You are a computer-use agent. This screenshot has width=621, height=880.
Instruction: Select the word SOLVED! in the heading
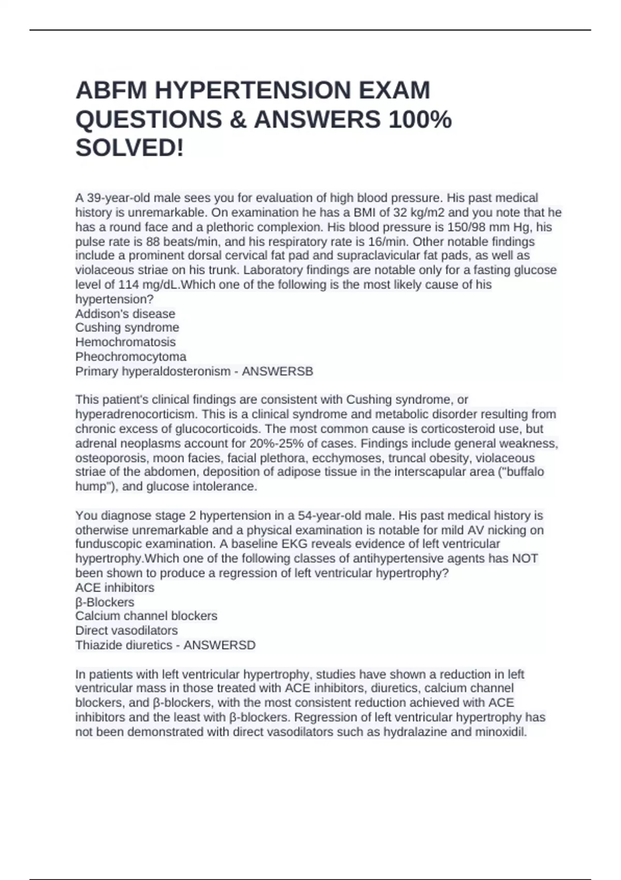pyautogui.click(x=130, y=149)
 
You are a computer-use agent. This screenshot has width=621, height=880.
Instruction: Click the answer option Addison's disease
pyautogui.click(x=125, y=314)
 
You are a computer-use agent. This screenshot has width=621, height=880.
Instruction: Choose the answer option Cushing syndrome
pyautogui.click(x=127, y=328)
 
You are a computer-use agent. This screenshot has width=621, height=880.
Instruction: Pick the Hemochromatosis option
pyautogui.click(x=125, y=342)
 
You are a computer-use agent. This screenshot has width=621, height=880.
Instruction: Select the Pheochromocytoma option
pyautogui.click(x=131, y=357)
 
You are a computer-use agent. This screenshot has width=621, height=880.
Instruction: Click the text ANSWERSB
pyautogui.click(x=277, y=371)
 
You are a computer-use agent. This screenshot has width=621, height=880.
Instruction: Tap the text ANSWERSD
pyautogui.click(x=219, y=645)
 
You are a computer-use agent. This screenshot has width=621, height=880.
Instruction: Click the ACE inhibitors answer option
pyautogui.click(x=115, y=588)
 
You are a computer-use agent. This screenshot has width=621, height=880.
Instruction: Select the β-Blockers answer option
pyautogui.click(x=105, y=602)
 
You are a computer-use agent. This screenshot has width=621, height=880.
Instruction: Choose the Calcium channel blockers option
pyautogui.click(x=146, y=616)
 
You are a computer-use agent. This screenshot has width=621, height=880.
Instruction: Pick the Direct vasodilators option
pyautogui.click(x=126, y=630)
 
